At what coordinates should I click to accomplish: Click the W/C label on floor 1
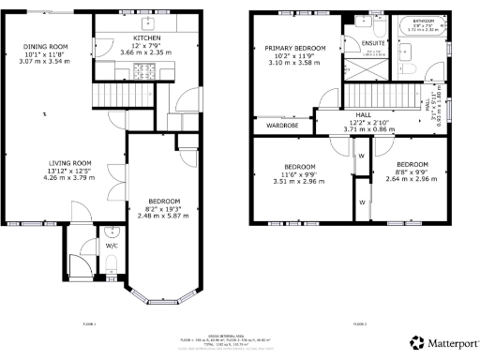112,246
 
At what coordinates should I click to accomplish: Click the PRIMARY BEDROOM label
294,48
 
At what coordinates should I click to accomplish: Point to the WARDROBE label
282,124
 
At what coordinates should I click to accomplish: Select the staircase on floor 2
378,95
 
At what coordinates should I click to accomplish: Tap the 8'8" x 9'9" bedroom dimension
412,171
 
